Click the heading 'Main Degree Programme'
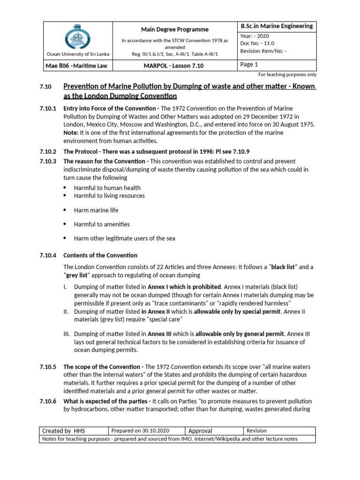(172, 30)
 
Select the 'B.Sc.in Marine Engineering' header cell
(276, 26)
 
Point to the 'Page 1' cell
(249, 65)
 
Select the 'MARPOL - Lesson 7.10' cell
(172, 66)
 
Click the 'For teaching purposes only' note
(287, 75)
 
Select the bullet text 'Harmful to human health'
(107, 188)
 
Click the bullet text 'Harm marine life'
(97, 210)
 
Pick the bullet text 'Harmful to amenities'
(102, 225)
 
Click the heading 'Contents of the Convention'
(100, 255)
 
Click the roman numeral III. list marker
(66, 334)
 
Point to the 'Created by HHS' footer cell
(64, 431)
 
